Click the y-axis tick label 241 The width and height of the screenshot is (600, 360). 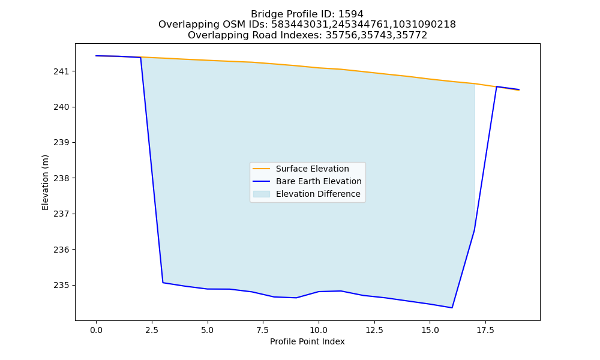(x=59, y=71)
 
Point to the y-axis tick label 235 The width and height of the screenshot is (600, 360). (x=59, y=285)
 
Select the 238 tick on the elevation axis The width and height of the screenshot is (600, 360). (x=59, y=178)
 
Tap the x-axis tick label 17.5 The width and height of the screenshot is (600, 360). (x=485, y=330)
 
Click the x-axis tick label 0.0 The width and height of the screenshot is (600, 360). (x=97, y=330)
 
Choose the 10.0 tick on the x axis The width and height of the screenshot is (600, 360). (x=319, y=330)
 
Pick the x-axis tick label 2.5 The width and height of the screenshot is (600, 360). (x=152, y=330)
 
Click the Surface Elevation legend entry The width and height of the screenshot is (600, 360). (x=312, y=169)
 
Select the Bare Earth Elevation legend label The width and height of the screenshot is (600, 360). (x=319, y=181)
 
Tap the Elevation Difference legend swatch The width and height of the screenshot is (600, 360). (x=262, y=194)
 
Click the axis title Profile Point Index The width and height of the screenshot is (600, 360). (x=307, y=341)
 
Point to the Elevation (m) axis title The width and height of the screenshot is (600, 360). (x=45, y=182)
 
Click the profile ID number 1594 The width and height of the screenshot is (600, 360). (x=351, y=14)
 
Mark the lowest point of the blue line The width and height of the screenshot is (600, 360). (x=452, y=308)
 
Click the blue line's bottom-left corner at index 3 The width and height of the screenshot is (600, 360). (x=163, y=283)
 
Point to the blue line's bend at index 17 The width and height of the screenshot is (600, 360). (x=475, y=230)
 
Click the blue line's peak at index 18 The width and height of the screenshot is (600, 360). (x=497, y=86)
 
